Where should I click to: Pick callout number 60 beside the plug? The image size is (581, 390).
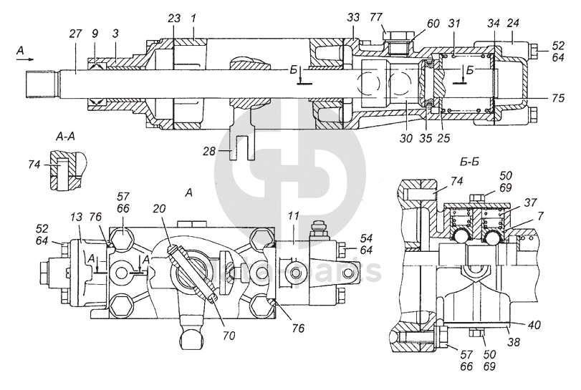pyautogui.click(x=413, y=24)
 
